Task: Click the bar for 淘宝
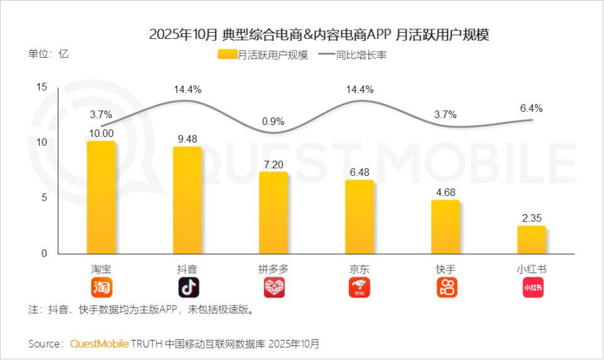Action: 101,197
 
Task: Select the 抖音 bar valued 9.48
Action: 188,200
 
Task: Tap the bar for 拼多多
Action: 273,213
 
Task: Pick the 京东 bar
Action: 359,217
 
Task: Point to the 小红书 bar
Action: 532,240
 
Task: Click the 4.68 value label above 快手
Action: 446,190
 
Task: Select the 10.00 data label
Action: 101,132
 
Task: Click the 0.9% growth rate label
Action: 273,122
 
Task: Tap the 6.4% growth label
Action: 531,108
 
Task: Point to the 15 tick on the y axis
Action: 41,87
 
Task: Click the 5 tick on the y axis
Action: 43,198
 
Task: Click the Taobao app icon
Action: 101,287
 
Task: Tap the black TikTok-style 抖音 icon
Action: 188,287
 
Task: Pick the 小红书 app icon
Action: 532,287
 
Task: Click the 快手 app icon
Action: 446,287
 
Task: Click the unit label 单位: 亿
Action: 49,54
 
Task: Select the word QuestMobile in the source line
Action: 104,343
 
